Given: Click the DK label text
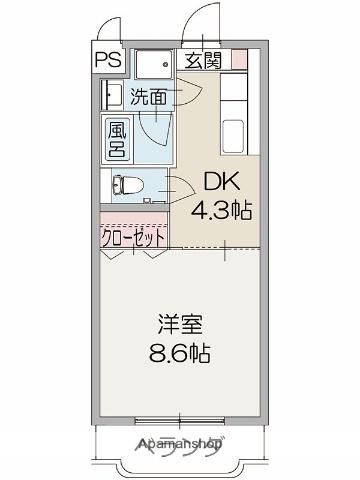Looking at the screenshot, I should click(222, 183).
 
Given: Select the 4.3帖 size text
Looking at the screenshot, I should click(222, 210).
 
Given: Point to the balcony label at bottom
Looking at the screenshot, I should click(180, 447).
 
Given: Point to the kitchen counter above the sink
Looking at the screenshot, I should click(236, 94).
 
